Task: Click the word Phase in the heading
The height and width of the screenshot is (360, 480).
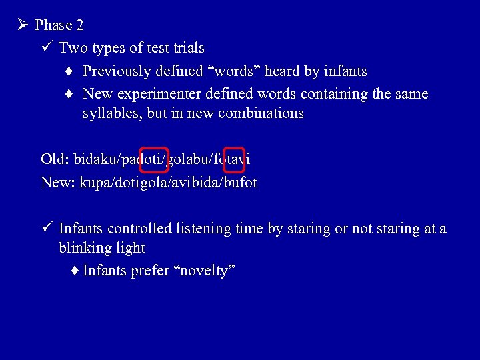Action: tap(53, 25)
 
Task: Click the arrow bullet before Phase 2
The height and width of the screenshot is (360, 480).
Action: tap(22, 25)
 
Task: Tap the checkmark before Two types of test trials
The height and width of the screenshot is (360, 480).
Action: tap(46, 48)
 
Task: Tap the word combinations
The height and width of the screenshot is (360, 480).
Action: tap(263, 113)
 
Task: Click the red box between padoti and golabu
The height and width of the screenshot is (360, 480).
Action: tap(154, 159)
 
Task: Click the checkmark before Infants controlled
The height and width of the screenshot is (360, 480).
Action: tap(46, 229)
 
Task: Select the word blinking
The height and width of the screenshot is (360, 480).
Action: tap(86, 247)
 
